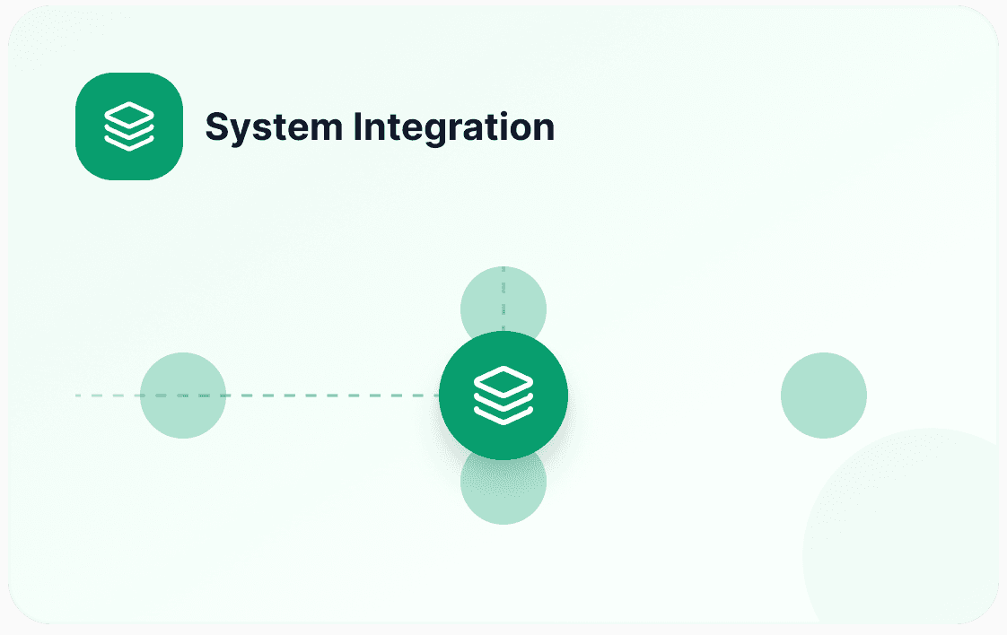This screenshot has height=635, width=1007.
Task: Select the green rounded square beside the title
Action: (129, 126)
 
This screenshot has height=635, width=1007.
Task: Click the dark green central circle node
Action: (503, 396)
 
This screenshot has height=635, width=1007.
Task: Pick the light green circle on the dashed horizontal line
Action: (183, 396)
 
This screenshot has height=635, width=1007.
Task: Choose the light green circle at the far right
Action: (824, 396)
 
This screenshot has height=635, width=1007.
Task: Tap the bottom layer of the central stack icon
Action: (503, 414)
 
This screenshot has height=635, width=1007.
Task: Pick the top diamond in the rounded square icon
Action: (129, 115)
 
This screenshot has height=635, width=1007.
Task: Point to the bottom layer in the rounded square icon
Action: (129, 144)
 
